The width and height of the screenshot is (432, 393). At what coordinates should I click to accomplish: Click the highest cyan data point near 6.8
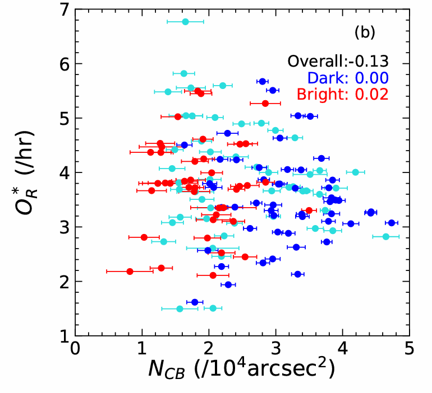pyautogui.click(x=185, y=21)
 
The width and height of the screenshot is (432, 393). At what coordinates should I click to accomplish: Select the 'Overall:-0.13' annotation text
pyautogui.click(x=338, y=62)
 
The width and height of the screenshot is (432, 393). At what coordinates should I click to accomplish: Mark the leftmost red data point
pyautogui.click(x=130, y=271)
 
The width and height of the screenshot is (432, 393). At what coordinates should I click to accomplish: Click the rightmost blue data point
pyautogui.click(x=392, y=223)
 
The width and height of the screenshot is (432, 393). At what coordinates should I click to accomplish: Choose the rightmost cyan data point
pyautogui.click(x=385, y=237)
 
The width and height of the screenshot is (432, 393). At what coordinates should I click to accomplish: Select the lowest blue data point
pyautogui.click(x=195, y=302)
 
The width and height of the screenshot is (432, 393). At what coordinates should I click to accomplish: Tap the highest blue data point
pyautogui.click(x=262, y=81)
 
